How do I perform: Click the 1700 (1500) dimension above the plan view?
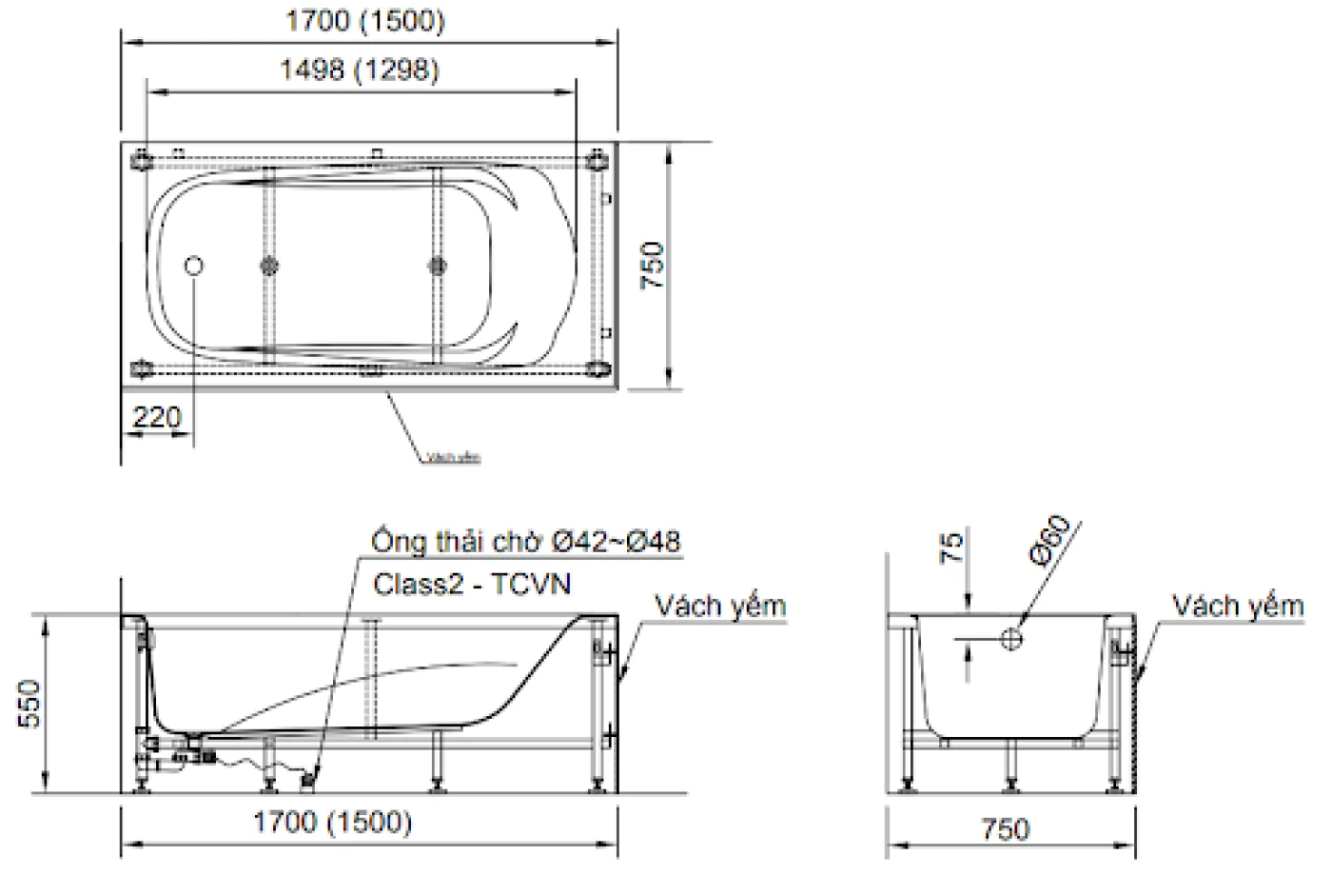tap(365, 21)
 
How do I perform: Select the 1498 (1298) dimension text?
tap(360, 70)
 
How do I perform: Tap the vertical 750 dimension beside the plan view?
tap(654, 267)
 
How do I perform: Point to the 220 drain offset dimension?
tap(157, 417)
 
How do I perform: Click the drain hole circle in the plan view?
tap(194, 267)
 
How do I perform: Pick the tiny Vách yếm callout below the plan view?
tap(453, 457)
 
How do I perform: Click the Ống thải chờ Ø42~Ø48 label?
tap(526, 542)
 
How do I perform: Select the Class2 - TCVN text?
tap(471, 583)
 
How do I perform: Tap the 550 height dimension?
tap(32, 704)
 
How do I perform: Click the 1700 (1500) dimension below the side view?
tap(332, 822)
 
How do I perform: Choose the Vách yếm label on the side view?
tap(720, 606)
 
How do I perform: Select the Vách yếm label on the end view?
tap(1237, 606)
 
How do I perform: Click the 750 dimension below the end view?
tap(1005, 828)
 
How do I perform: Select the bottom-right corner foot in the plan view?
tap(597, 368)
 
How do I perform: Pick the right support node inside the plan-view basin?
tap(438, 266)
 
